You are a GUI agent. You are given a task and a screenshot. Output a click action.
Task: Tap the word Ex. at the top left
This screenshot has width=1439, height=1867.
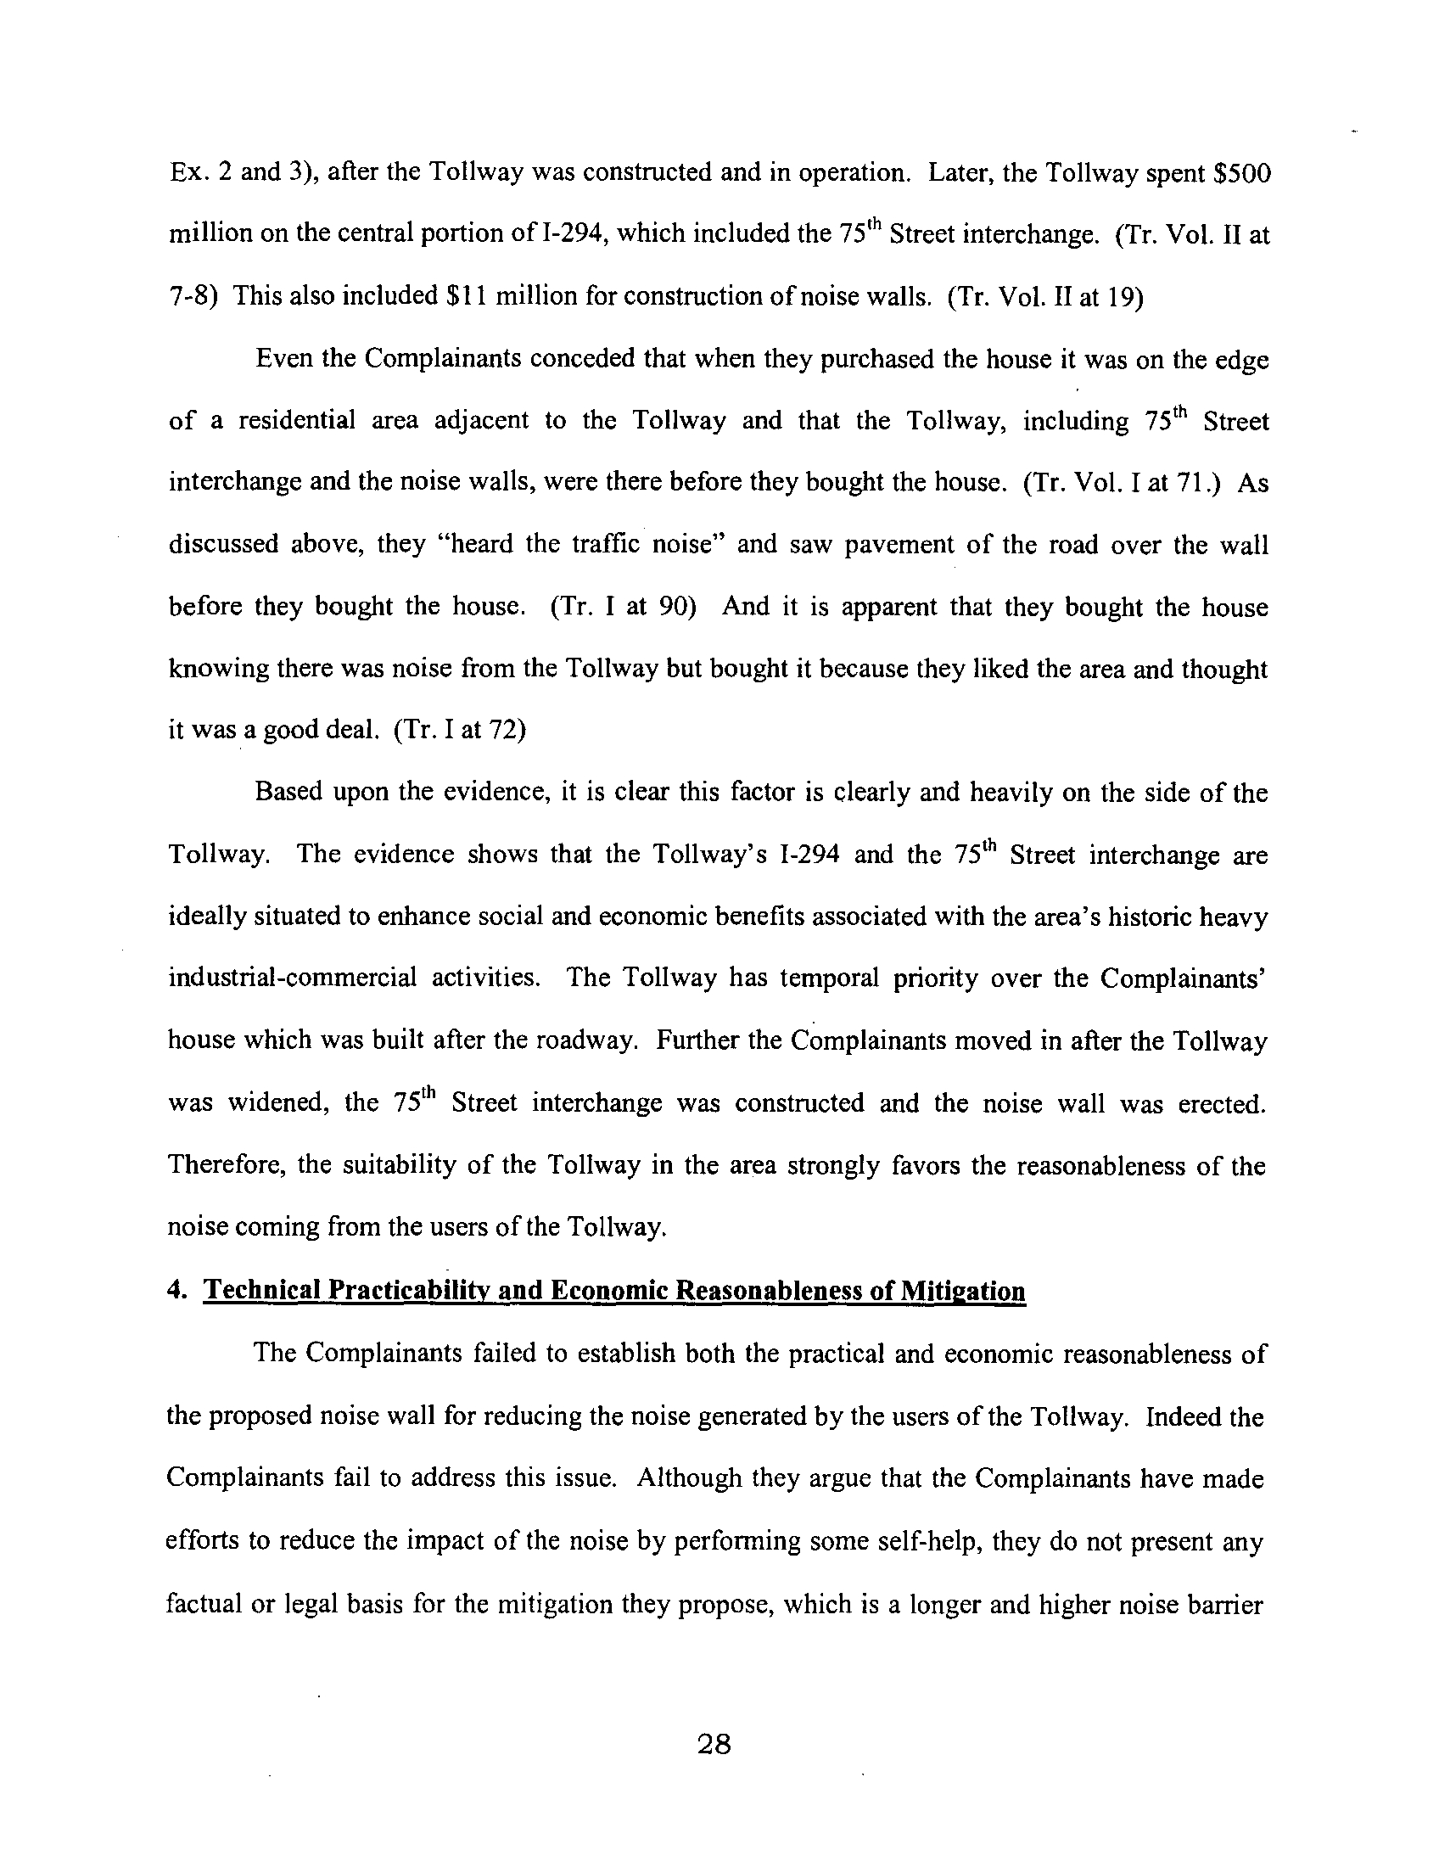point(187,171)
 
